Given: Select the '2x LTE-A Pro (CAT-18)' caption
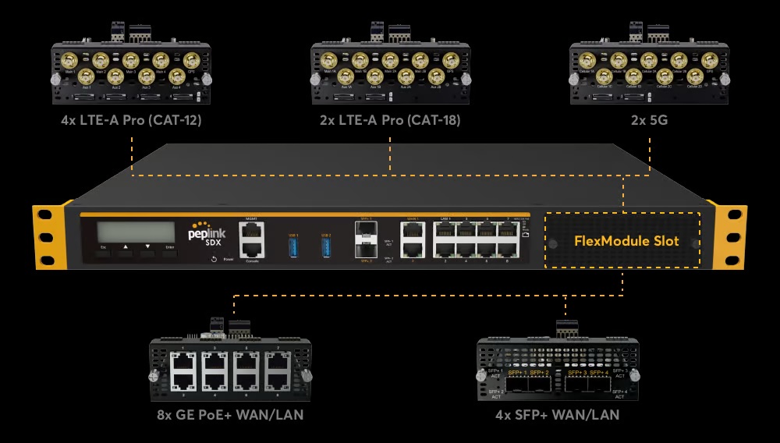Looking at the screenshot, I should coord(390,121).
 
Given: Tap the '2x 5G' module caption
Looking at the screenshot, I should coord(650,121).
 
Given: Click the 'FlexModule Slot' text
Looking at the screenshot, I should coord(626,241).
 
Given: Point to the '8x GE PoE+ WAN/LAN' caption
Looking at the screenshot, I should coord(232,415).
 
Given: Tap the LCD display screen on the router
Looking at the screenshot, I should coord(136,232).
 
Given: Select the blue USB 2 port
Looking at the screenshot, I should coord(326,246).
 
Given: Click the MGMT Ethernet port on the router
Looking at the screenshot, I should coord(252,231).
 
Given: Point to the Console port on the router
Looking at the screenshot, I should coord(252,249).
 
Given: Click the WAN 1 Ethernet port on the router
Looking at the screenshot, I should coord(413,231).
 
